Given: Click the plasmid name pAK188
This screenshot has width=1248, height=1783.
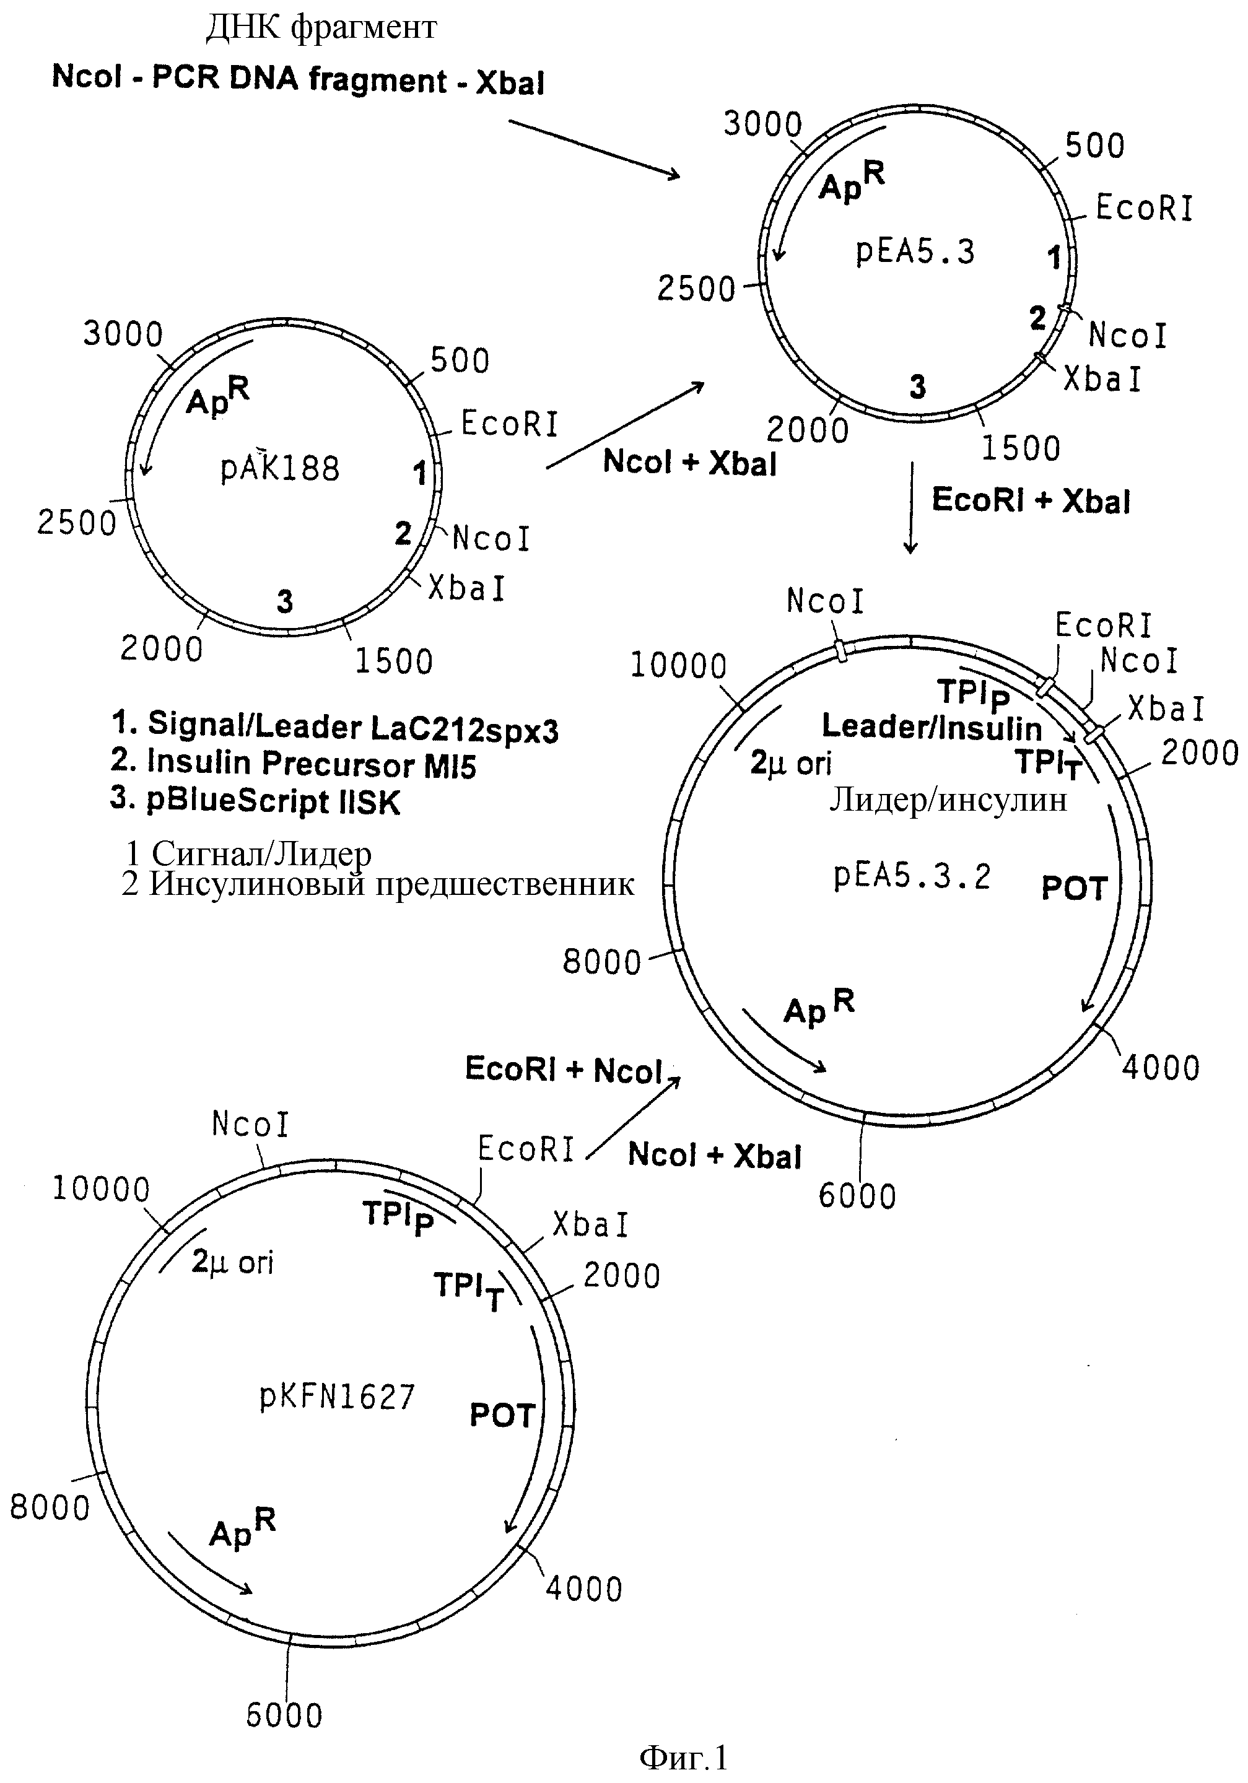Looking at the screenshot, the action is pyautogui.click(x=281, y=468).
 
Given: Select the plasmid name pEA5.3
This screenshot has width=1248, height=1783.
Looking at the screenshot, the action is pyautogui.click(x=915, y=251).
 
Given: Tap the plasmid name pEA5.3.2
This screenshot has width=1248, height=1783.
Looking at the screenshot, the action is pyautogui.click(x=912, y=876).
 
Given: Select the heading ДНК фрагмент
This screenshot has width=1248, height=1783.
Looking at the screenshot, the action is pyautogui.click(x=321, y=28).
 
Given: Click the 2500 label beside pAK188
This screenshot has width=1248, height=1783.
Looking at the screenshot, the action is pyautogui.click(x=76, y=523).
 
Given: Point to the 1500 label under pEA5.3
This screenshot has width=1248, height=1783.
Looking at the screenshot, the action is pyautogui.click(x=1021, y=448).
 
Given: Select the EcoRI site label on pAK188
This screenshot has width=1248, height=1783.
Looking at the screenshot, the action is pyautogui.click(x=510, y=424).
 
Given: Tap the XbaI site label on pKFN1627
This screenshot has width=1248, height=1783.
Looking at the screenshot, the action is pyautogui.click(x=590, y=1224).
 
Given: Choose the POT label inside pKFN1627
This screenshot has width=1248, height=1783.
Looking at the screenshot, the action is pyautogui.click(x=502, y=1416).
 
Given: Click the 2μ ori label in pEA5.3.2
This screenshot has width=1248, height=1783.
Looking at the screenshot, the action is pyautogui.click(x=790, y=764).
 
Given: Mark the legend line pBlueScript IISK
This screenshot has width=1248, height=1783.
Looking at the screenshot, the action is pyautogui.click(x=256, y=800).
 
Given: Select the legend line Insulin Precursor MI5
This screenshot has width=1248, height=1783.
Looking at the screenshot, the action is pyautogui.click(x=293, y=762).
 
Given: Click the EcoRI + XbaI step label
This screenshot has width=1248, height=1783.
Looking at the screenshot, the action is pyautogui.click(x=1031, y=500).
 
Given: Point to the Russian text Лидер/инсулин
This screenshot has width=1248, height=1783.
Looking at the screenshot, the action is pyautogui.click(x=948, y=800).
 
